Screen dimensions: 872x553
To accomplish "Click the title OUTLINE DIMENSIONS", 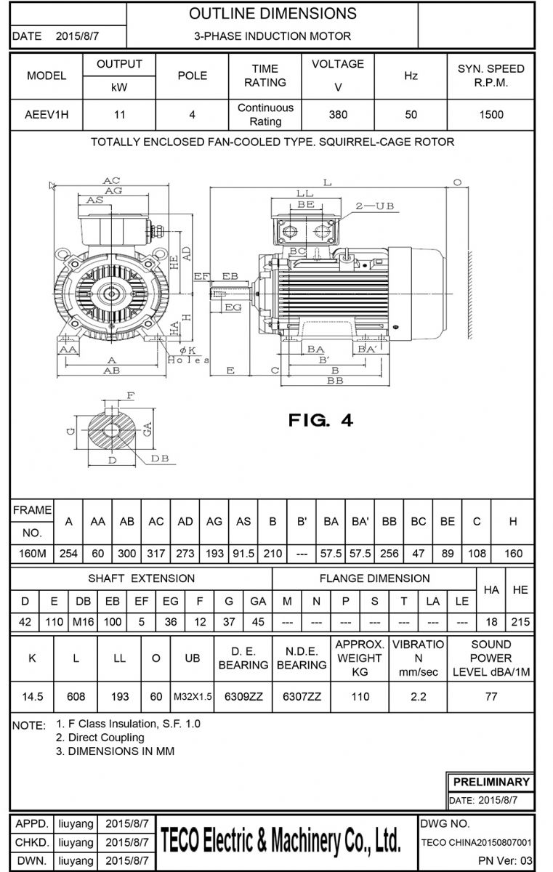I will pos(273,14).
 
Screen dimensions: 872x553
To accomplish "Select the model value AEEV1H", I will pos(47,114).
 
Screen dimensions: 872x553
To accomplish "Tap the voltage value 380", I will pos(338,114).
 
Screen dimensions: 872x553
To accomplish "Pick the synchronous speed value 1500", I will pos(491,114).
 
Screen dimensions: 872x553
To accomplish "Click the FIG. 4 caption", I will pos(320,420).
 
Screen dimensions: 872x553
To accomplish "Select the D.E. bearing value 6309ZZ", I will pos(243,696).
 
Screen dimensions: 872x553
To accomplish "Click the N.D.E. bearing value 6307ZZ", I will pos(302,696).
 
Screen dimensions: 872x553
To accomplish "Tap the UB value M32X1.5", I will pos(193,696).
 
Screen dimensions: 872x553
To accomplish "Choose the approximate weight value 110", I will pos(360,696).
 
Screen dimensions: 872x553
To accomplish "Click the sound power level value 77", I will pos(491,696).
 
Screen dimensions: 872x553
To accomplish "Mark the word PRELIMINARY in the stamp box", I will pos(491,782).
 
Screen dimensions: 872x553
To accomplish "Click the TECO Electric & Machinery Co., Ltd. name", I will pos(280,841).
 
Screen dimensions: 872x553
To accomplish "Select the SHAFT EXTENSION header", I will pos(141,578).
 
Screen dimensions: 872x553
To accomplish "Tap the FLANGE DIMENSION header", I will pos(375,578).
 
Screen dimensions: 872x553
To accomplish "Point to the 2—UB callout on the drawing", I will pos(375,206).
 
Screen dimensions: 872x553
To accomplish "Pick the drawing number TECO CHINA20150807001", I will pos(476,842).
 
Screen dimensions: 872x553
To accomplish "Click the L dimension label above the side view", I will pos(327,182).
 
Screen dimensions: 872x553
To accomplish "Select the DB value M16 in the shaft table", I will pos(84,623).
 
